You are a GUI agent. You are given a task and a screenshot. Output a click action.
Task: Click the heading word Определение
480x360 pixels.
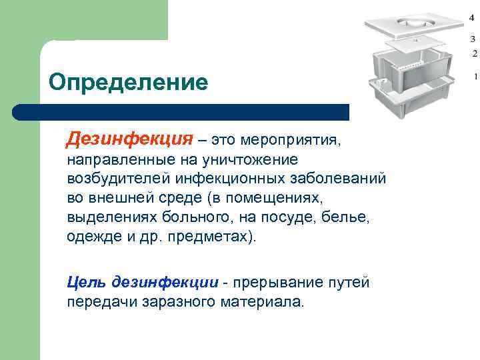pyautogui.click(x=128, y=83)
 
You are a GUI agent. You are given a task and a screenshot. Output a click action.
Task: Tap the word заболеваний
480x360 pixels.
pyautogui.click(x=339, y=179)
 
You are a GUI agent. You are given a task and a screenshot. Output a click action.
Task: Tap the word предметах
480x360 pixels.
pyautogui.click(x=213, y=237)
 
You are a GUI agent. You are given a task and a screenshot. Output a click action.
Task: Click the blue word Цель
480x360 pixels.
pyautogui.click(x=85, y=282)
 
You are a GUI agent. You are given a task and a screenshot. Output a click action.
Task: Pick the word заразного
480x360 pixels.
pyautogui.click(x=177, y=301)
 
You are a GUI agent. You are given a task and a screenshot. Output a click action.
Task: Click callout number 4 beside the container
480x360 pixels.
pyautogui.click(x=472, y=16)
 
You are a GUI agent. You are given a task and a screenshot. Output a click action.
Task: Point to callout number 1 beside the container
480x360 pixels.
pyautogui.click(x=475, y=77)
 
